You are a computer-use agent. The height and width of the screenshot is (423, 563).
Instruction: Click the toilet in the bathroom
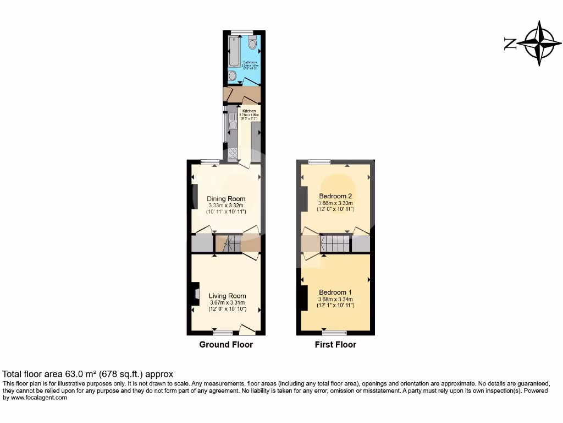[x=252, y=43]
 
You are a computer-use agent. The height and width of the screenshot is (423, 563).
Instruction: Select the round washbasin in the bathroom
[x=232, y=76]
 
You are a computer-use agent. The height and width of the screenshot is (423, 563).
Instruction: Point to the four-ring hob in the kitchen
[x=233, y=153]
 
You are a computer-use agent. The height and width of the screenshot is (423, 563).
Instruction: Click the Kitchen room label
[x=249, y=111]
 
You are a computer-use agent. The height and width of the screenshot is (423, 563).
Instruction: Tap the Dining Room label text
[x=226, y=199]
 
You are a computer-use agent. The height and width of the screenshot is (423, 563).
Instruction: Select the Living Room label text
[x=227, y=296]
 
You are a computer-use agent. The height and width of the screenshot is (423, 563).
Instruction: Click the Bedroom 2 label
[x=335, y=196]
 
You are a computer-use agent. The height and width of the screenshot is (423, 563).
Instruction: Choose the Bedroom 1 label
[x=335, y=292]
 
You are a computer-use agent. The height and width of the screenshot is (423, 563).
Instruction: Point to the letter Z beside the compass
[x=510, y=44]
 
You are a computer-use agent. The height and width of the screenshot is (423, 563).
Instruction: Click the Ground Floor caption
[x=226, y=345]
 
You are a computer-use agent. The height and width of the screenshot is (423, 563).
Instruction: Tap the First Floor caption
[x=335, y=345]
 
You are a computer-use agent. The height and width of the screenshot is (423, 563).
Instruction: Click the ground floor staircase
[x=228, y=243]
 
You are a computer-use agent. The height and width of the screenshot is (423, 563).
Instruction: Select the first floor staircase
[x=335, y=243]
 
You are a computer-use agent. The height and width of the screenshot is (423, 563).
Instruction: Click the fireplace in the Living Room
[x=196, y=294]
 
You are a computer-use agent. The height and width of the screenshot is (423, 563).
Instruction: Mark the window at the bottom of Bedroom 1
[x=334, y=333]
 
